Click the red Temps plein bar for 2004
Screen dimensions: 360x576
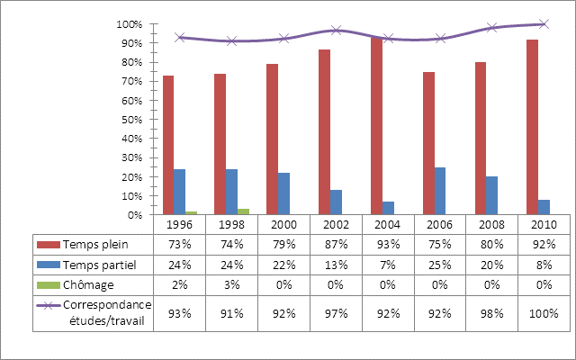[376, 126]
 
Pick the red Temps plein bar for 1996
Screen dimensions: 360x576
[168, 145]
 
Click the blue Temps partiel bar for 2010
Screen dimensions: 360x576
[544, 207]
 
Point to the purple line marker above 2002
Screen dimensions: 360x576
[335, 30]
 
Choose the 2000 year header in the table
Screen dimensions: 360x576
[283, 224]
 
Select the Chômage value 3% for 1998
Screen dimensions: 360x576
[231, 286]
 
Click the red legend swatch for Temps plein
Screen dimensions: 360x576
[47, 245]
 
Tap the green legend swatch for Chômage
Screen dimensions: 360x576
[47, 286]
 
